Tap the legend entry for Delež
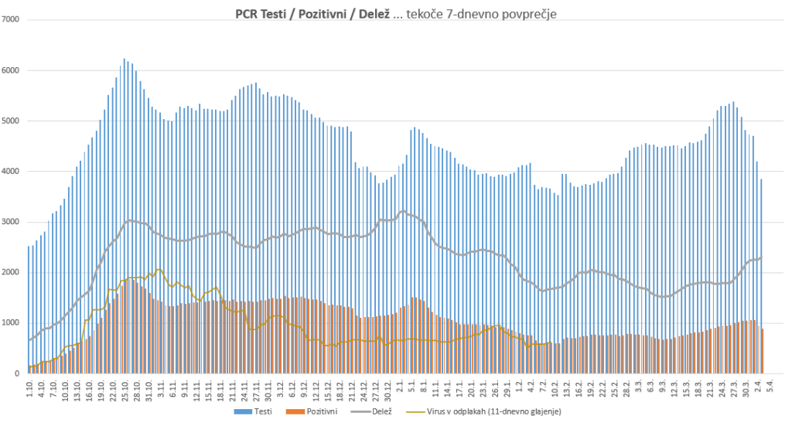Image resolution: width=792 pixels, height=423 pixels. click(381, 411)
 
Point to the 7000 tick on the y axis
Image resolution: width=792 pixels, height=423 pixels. click(11, 19)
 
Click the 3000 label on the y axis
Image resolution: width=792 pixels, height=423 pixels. click(11, 222)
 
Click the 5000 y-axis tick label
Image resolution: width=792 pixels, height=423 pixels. click(11, 121)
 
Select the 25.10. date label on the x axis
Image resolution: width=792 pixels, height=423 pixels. click(125, 391)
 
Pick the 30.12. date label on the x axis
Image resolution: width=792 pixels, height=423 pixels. click(389, 391)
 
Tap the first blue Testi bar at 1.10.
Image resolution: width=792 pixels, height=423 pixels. click(29, 309)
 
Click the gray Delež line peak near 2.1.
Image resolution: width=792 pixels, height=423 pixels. click(402, 210)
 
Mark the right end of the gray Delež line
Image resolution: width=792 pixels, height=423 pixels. click(761, 258)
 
